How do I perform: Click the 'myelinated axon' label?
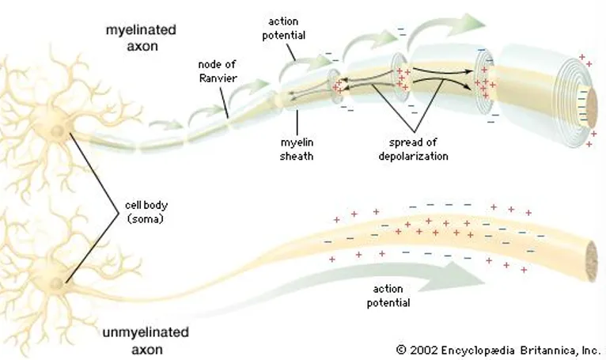[x=141, y=38]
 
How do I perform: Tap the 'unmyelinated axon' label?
[x=146, y=341]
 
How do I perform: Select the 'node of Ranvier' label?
[x=218, y=71]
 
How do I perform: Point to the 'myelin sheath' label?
[x=297, y=150]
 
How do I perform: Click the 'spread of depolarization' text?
[x=413, y=150]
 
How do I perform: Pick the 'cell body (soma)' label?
[x=146, y=212]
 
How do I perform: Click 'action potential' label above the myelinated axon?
[x=284, y=28]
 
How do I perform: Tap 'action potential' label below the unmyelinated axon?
[x=388, y=296]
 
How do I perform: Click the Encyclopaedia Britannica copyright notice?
[x=498, y=351]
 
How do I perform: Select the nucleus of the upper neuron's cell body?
[x=57, y=131]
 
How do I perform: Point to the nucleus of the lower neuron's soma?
[x=56, y=284]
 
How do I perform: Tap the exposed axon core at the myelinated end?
[x=592, y=109]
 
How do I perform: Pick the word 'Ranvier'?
[x=218, y=78]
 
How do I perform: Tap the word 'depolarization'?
[x=413, y=156]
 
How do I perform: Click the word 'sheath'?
[x=297, y=156]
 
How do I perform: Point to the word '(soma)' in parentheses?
[x=146, y=219]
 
